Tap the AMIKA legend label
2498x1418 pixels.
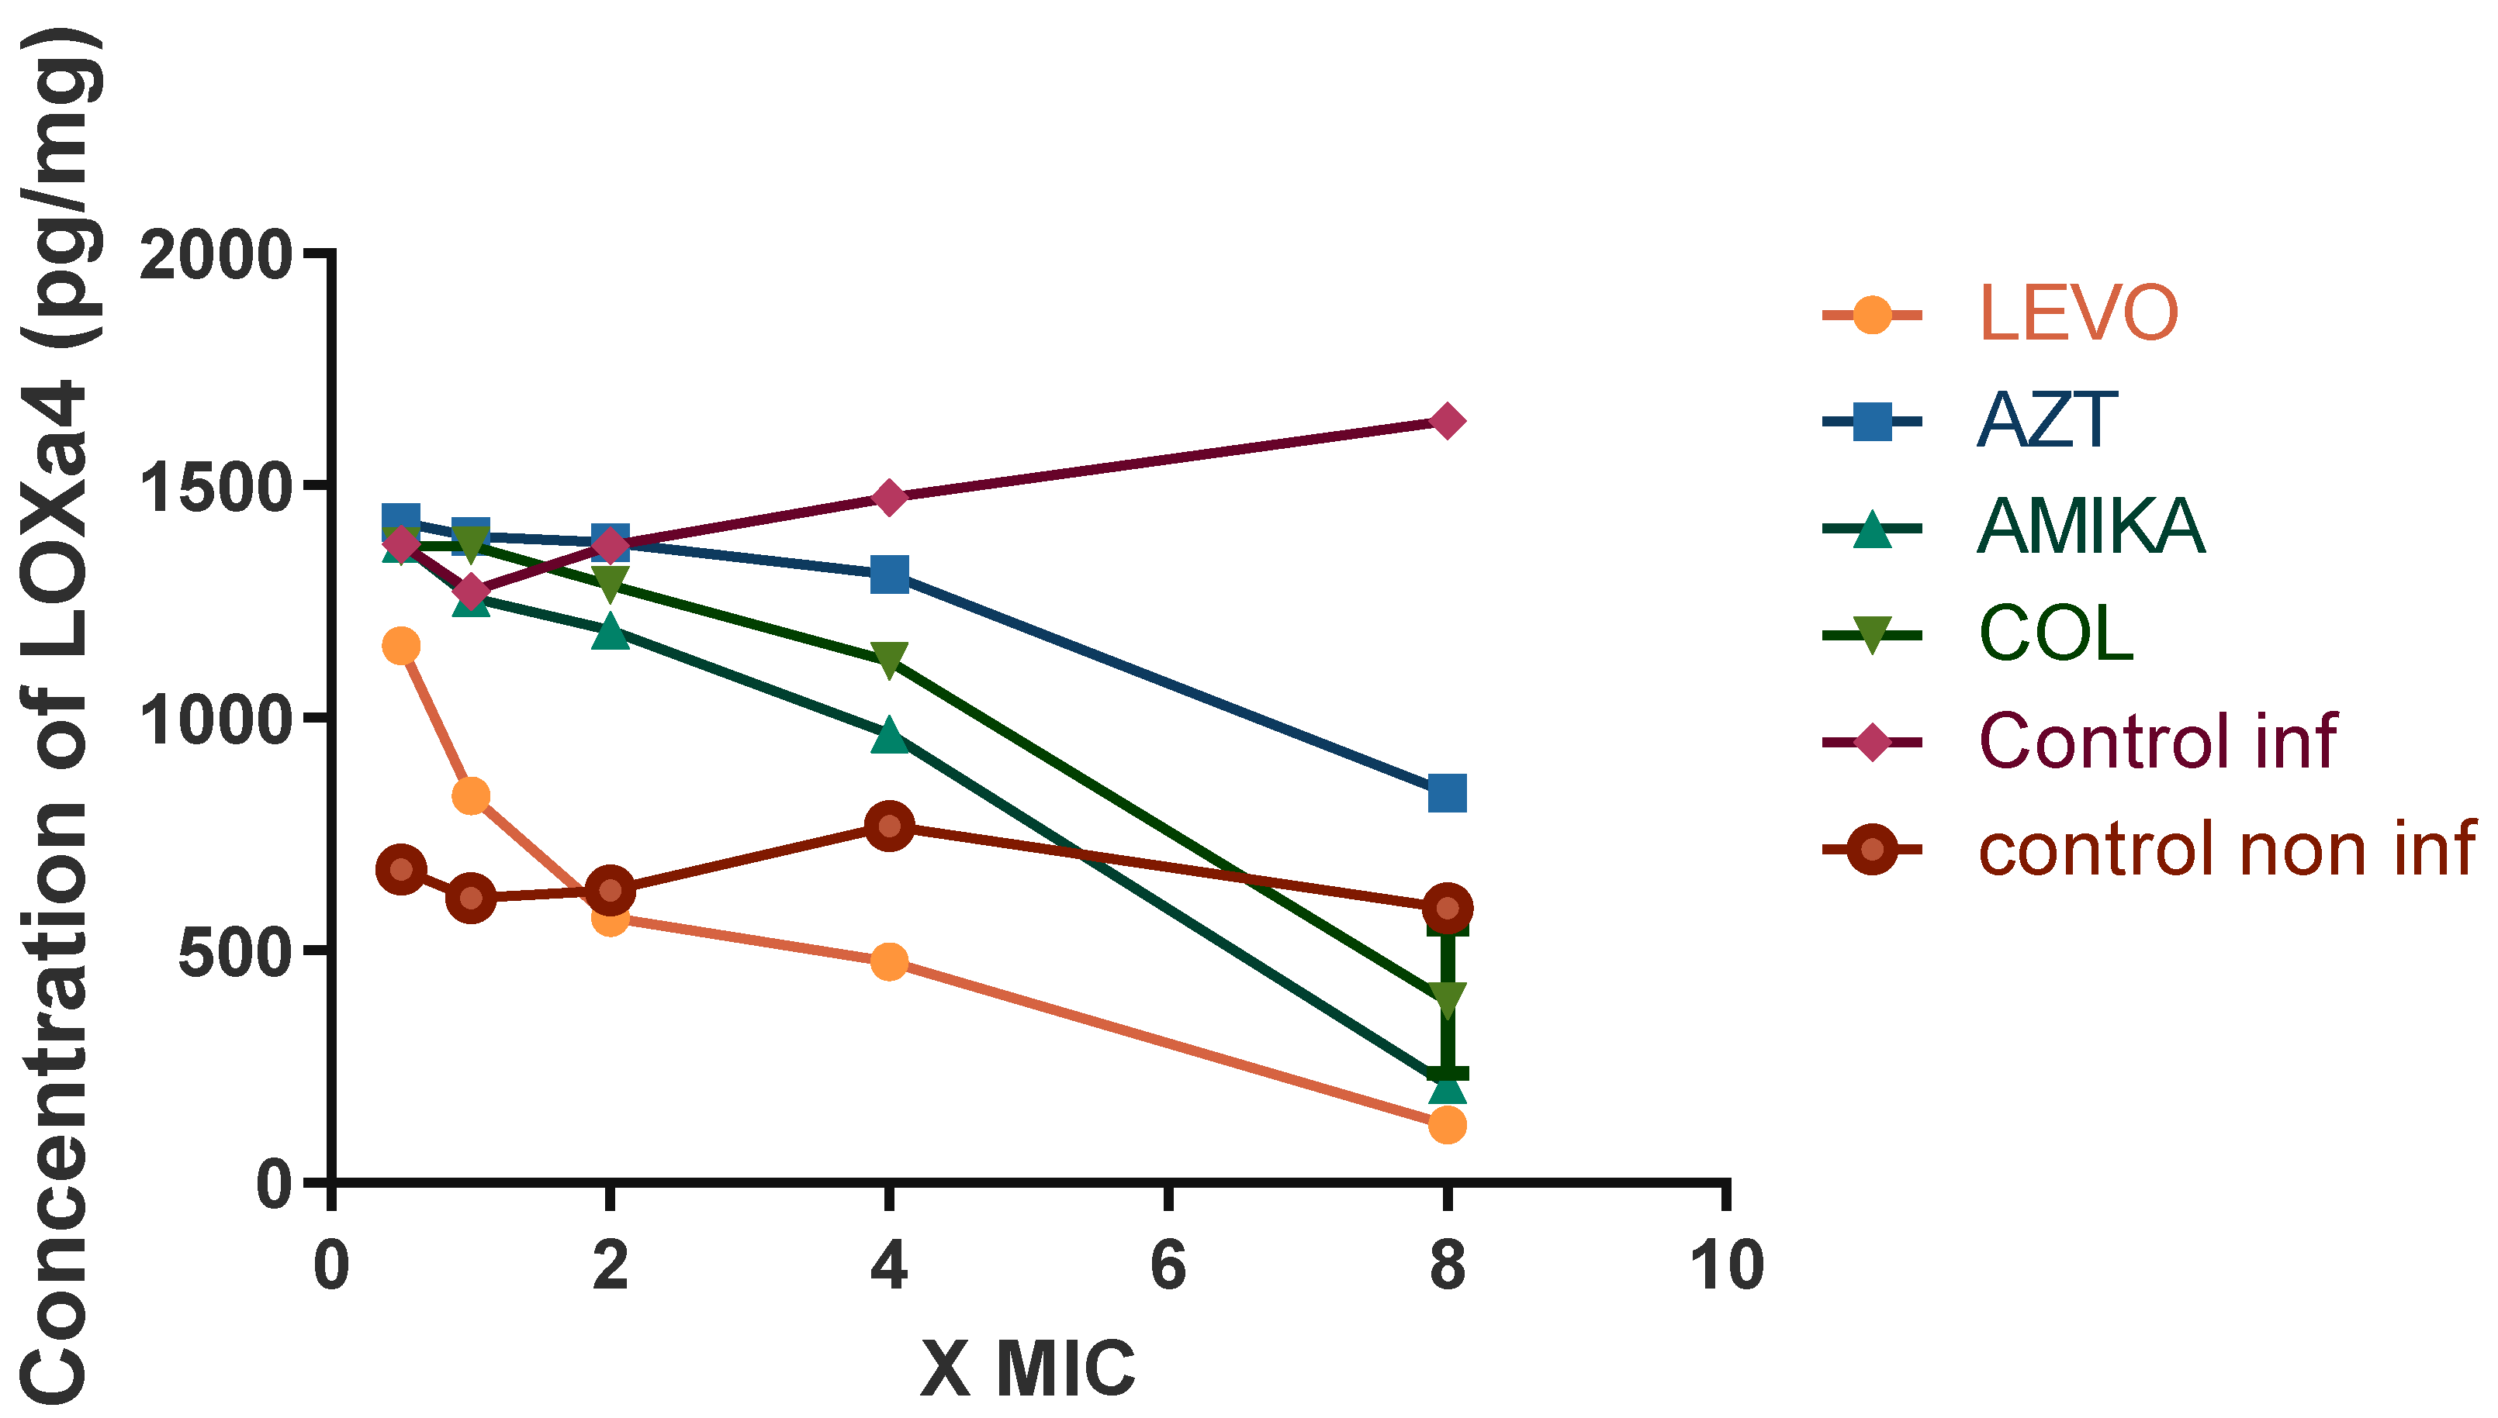tap(2091, 527)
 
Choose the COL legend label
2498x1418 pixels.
tap(2056, 634)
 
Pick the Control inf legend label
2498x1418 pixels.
tap(2157, 741)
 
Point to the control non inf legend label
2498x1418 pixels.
tap(2226, 849)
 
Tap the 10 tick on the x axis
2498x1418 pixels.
tap(1725, 1266)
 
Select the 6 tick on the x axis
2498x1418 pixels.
tap(1168, 1266)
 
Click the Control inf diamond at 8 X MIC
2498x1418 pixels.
tap(1447, 421)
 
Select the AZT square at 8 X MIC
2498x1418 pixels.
tap(1447, 794)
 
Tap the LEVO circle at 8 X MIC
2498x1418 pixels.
tap(1447, 1125)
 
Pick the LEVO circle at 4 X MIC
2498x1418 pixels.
tap(888, 962)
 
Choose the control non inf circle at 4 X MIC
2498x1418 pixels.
tap(888, 826)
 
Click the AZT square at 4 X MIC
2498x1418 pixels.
tap(888, 574)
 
